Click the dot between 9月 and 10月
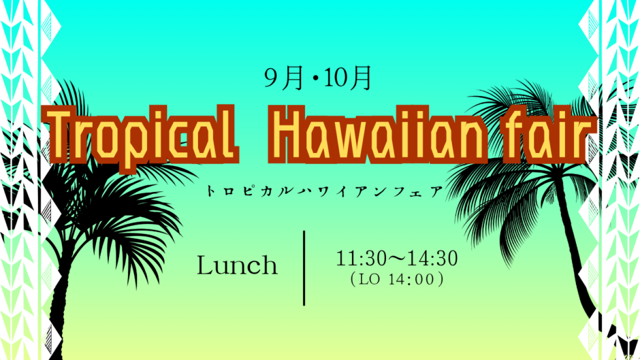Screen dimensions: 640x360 [x=315, y=79]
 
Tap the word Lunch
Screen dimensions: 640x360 [x=236, y=265]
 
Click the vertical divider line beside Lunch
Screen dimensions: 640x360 [x=304, y=268]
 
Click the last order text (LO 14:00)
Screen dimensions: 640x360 [x=397, y=280]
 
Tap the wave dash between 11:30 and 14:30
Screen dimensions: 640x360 [x=396, y=258]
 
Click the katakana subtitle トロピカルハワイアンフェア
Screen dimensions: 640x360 [x=325, y=191]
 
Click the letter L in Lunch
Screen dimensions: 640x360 [x=205, y=265]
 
